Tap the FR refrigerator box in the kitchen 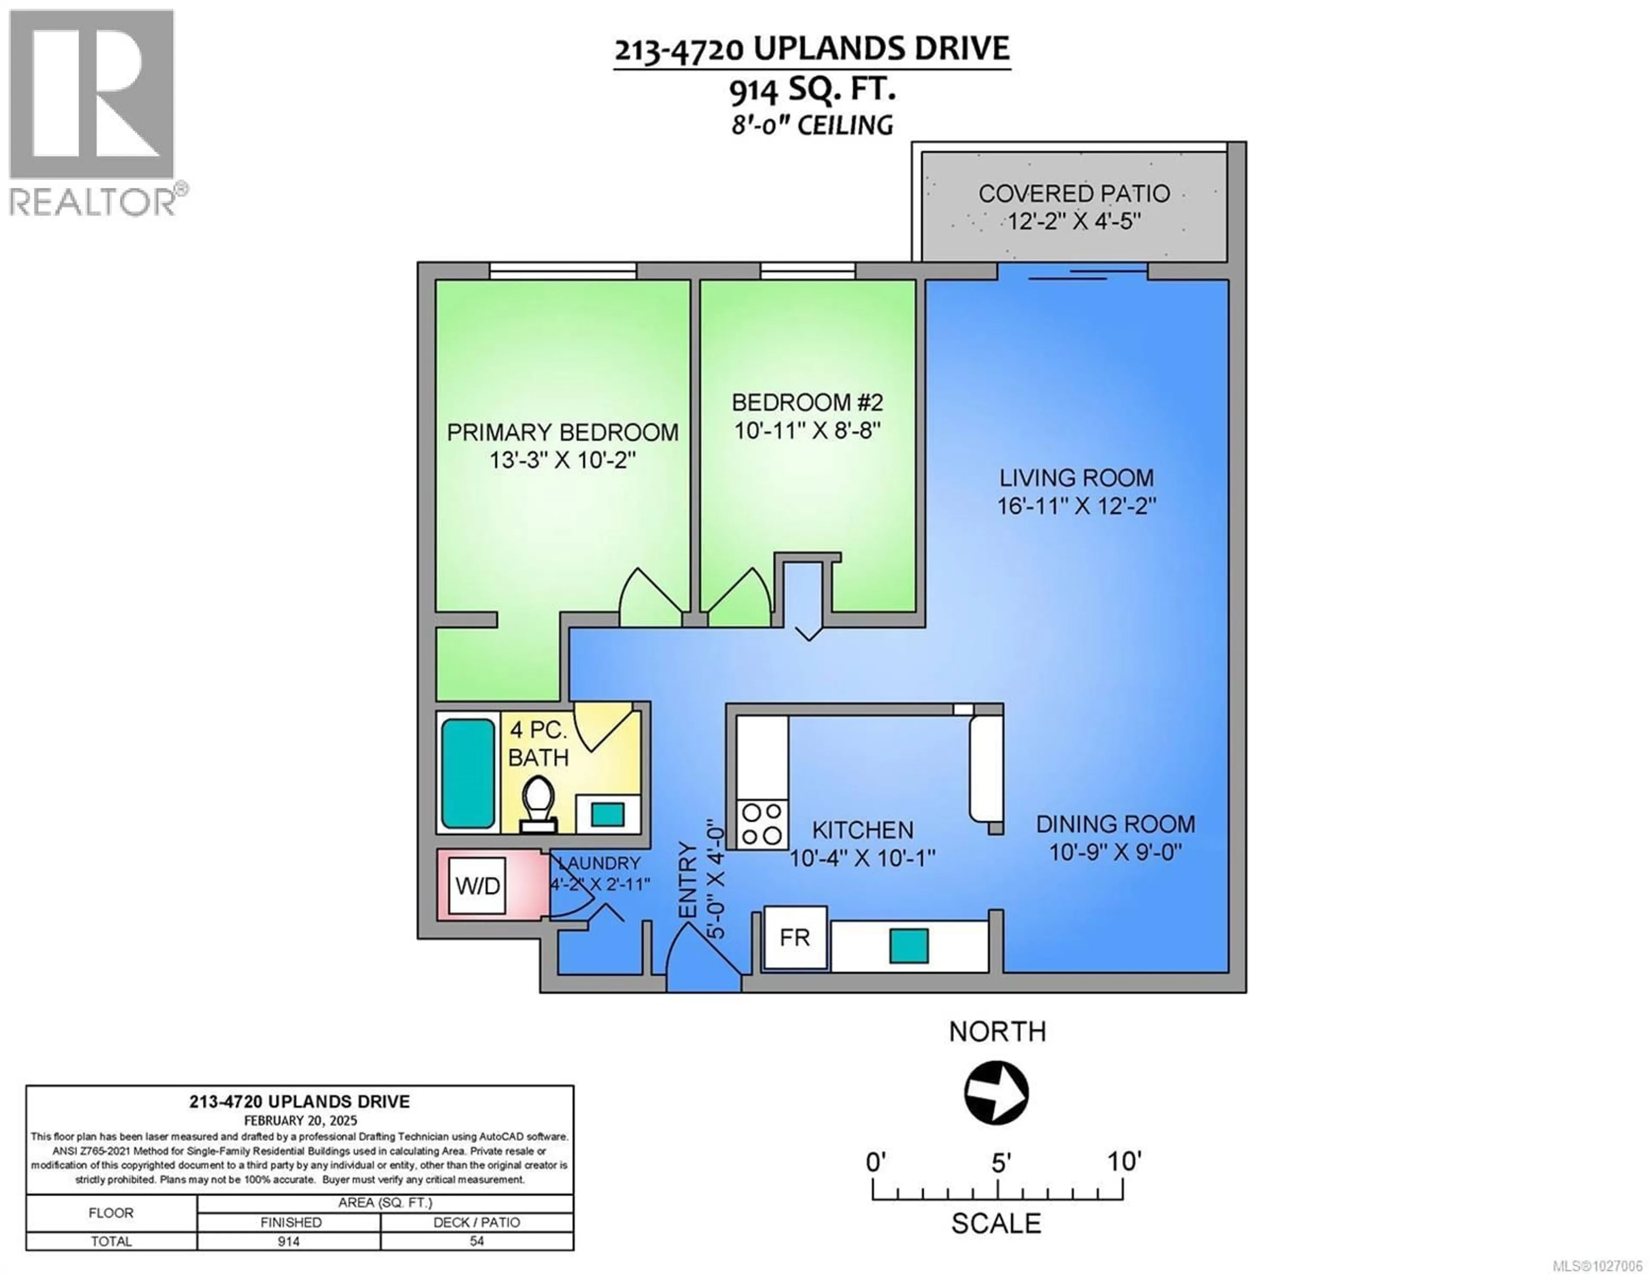[795, 938]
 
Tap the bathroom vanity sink [607, 814]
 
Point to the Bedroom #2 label [807, 402]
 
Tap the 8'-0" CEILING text [812, 125]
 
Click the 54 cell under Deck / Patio [476, 1241]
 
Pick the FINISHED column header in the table [291, 1222]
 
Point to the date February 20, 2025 [300, 1121]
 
